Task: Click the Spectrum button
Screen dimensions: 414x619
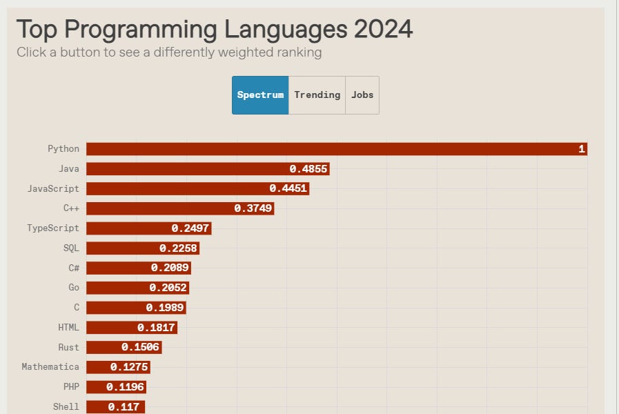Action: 260,95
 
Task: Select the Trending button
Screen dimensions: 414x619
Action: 317,95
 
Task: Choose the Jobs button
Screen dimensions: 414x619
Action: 362,95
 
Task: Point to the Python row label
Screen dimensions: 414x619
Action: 63,149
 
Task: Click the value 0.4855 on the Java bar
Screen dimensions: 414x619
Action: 308,169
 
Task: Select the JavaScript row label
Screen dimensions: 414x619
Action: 53,188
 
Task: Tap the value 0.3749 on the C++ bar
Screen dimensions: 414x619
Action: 253,208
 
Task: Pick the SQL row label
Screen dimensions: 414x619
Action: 71,248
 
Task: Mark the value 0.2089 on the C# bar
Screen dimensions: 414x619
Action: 170,268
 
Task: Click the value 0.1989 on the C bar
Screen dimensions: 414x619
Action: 165,308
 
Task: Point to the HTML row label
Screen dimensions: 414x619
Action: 68,327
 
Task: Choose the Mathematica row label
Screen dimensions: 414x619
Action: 50,367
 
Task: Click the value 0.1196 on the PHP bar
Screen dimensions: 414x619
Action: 125,387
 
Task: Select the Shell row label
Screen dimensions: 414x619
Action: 66,406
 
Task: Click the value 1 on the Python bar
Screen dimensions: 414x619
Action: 582,149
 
